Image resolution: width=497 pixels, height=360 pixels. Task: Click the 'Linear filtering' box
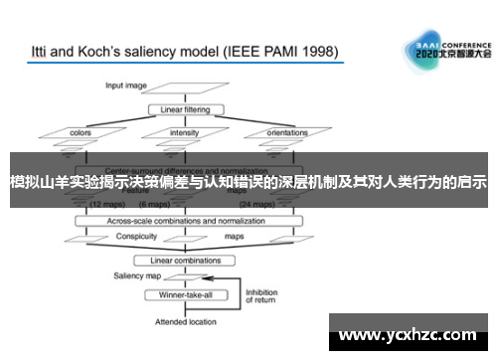coord(184,108)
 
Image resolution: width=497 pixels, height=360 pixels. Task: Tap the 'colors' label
coord(82,131)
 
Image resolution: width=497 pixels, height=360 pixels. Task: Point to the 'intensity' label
coord(185,131)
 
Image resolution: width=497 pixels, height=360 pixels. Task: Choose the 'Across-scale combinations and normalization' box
coord(185,220)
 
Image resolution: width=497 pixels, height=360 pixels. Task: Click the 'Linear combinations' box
coord(185,260)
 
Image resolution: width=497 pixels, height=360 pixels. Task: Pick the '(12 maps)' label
coord(107,205)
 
